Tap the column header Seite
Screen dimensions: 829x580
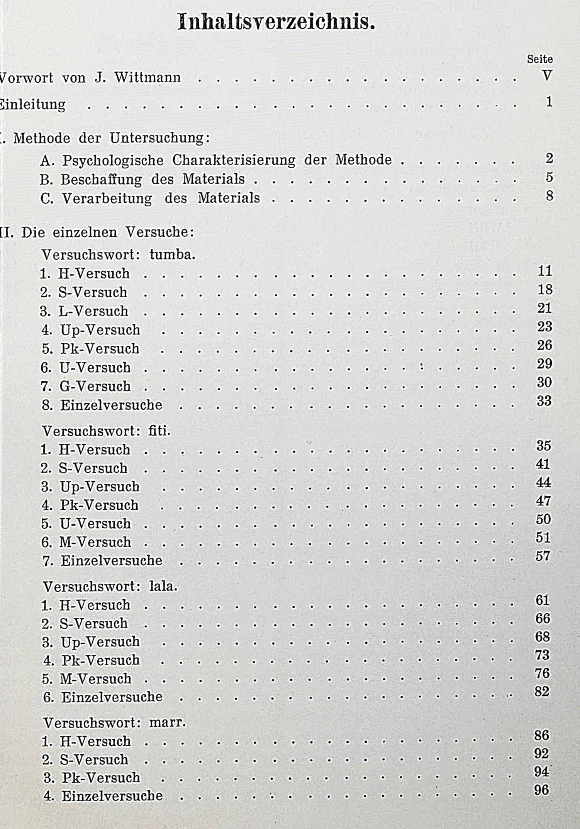point(539,59)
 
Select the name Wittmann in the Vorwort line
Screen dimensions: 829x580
point(148,78)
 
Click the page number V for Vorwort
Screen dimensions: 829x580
point(547,76)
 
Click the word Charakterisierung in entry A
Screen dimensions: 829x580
point(234,160)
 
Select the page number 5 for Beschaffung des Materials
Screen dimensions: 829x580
point(549,177)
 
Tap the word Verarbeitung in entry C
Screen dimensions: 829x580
point(107,198)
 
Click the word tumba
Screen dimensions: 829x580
point(172,255)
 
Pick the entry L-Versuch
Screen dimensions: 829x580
point(93,311)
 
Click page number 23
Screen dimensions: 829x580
point(544,327)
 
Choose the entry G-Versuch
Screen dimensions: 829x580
point(95,387)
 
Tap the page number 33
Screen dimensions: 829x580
point(544,401)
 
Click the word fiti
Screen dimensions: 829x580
point(159,431)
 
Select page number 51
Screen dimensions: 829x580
point(543,537)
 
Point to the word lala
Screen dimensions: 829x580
point(163,587)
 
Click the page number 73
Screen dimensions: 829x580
point(542,655)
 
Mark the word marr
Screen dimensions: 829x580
point(167,722)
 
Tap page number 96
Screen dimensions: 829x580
point(541,790)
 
